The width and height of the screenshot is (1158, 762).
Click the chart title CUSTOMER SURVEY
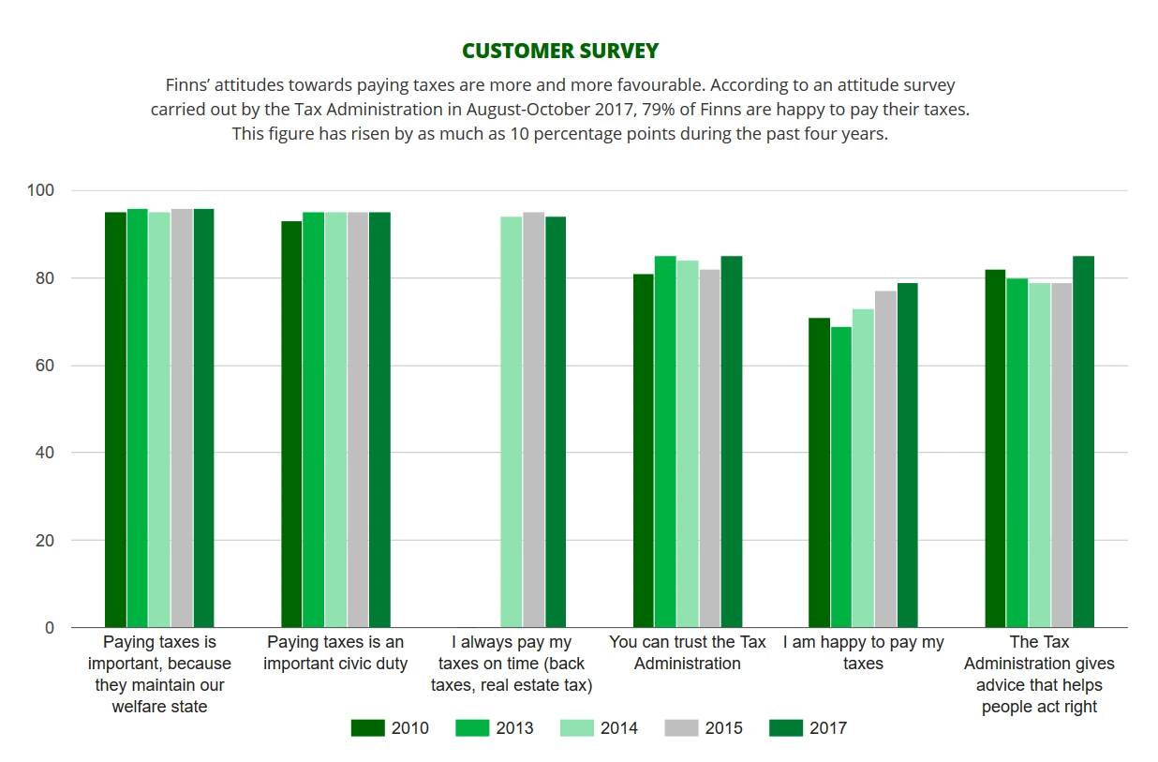[x=560, y=51]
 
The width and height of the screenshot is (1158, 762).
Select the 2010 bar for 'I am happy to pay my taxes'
[x=819, y=472]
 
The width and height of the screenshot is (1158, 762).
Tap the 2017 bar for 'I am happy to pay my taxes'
[x=908, y=455]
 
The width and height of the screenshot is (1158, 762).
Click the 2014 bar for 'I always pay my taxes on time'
[x=512, y=422]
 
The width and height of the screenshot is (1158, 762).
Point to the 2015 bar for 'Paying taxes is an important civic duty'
[x=358, y=420]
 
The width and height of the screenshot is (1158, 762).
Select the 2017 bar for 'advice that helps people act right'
[x=1083, y=441]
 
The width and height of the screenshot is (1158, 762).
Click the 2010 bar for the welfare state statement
[x=115, y=420]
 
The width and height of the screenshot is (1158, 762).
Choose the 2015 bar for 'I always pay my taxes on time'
[x=533, y=420]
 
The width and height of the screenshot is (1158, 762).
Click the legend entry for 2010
[x=391, y=728]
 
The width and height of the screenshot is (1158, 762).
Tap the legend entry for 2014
[x=600, y=728]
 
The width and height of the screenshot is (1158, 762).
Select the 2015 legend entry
[x=704, y=728]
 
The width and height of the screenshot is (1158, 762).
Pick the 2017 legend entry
[x=808, y=728]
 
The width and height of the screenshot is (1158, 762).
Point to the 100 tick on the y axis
[x=43, y=191]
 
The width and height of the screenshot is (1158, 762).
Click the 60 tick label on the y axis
[x=47, y=366]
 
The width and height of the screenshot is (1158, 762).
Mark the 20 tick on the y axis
[x=47, y=541]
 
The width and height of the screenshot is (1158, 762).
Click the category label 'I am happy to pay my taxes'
[x=863, y=652]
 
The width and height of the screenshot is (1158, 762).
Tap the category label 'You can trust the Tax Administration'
[x=687, y=652]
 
